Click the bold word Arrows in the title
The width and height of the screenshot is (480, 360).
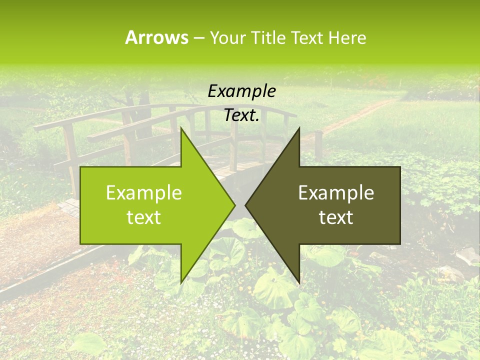156,37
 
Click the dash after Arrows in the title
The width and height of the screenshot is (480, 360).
198,38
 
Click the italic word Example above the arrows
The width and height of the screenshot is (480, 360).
241,91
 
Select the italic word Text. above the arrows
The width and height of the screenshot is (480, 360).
241,115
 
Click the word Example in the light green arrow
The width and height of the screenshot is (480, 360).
143,193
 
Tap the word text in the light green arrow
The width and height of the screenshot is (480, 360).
143,217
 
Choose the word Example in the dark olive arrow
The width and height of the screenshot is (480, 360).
336,193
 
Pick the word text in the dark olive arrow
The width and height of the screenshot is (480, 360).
336,217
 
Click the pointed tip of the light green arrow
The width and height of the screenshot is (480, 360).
233,205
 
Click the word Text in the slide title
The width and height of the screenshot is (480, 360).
305,38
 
